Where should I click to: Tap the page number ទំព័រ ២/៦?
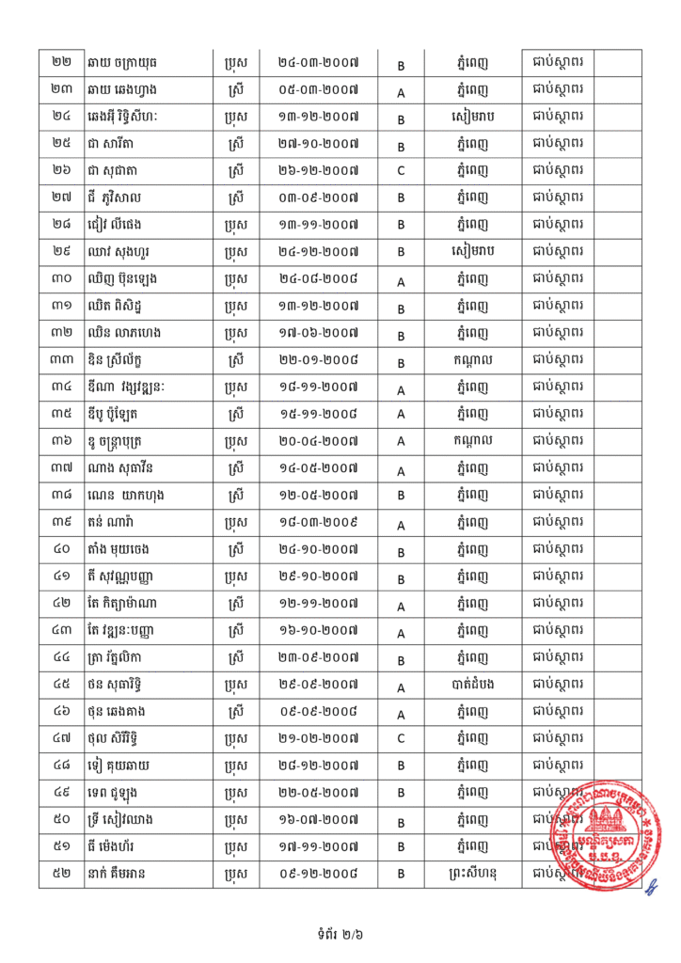click(340, 935)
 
